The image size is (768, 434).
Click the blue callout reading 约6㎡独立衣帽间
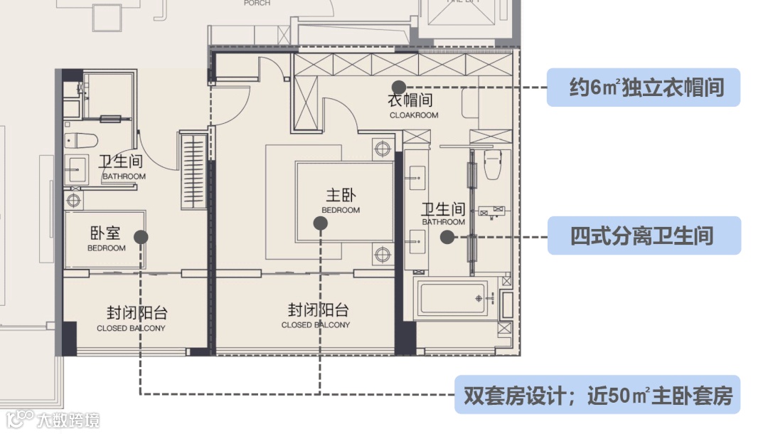(x=643, y=88)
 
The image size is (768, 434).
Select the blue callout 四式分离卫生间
(x=644, y=235)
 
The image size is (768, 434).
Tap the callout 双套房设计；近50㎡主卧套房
(x=597, y=395)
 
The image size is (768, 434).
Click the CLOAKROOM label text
(x=414, y=115)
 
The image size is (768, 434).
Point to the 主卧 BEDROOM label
(x=341, y=201)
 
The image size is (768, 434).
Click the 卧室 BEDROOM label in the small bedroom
(x=106, y=239)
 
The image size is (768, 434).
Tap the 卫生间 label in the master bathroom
(x=443, y=213)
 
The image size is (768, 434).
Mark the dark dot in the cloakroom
(x=398, y=85)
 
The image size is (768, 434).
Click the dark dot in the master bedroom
(x=321, y=223)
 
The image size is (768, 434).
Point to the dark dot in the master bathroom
(x=447, y=238)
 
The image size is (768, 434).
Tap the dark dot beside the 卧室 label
(x=141, y=237)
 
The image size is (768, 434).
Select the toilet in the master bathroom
(x=492, y=164)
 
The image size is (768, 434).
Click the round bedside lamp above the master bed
(x=383, y=149)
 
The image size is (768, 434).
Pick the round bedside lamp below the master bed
(x=383, y=253)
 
